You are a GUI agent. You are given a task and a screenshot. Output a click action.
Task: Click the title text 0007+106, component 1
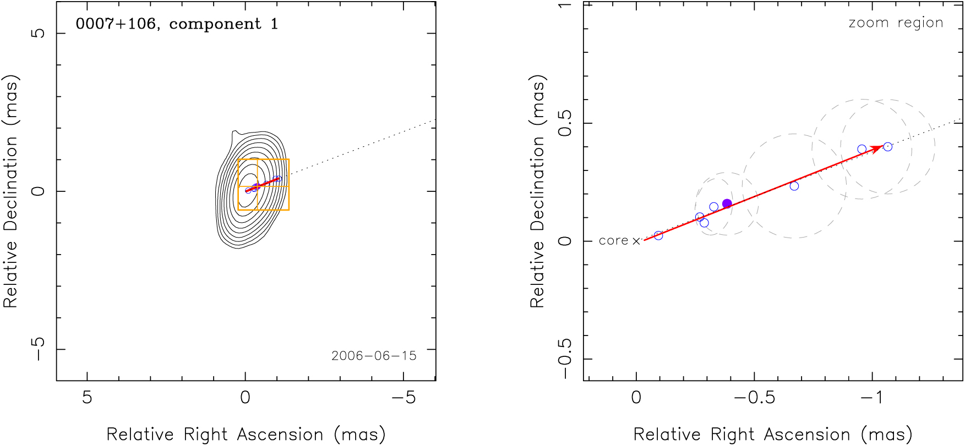click(177, 24)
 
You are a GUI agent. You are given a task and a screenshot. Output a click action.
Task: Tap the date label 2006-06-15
click(374, 356)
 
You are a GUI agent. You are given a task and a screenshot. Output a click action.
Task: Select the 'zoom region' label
click(896, 23)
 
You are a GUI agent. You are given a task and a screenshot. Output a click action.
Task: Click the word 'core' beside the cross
click(613, 241)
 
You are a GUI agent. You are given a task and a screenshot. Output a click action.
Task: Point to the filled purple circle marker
click(727, 204)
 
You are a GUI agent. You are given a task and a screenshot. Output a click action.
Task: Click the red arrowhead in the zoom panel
click(877, 148)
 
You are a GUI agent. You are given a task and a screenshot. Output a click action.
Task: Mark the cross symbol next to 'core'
click(636, 241)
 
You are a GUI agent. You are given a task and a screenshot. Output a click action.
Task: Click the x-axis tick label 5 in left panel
click(87, 397)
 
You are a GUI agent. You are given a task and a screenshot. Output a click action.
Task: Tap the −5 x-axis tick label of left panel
click(404, 397)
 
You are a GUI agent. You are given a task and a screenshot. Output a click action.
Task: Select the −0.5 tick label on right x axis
click(755, 397)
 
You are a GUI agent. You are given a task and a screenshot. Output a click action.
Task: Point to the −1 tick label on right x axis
click(872, 397)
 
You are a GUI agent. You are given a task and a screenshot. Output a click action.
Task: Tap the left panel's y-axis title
click(11, 191)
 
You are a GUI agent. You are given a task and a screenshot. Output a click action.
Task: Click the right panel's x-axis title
click(773, 434)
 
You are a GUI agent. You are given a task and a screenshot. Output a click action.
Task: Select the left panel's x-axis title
click(246, 434)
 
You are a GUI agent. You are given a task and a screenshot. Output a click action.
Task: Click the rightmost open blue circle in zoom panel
click(887, 147)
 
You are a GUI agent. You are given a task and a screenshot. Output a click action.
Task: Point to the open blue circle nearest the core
click(658, 235)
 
